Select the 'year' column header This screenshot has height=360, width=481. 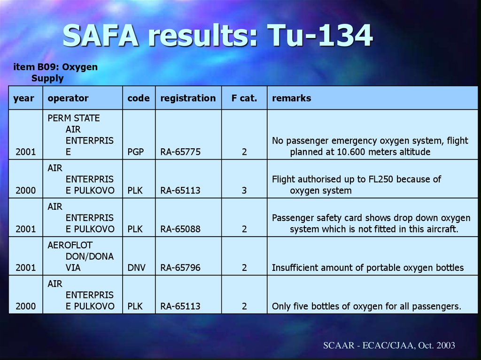(x=23, y=98)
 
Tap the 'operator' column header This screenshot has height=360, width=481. (x=68, y=98)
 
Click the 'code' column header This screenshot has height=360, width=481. (x=139, y=98)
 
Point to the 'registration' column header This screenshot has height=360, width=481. (x=188, y=98)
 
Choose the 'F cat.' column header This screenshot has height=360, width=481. (x=244, y=98)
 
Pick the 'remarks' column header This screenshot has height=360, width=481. (x=291, y=98)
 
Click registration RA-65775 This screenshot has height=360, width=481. (x=180, y=152)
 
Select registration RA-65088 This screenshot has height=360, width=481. (x=180, y=229)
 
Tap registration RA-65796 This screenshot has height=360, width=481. (x=180, y=268)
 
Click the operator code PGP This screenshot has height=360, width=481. (x=136, y=152)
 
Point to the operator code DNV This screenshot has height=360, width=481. (x=137, y=268)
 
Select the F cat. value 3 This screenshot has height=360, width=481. (x=244, y=191)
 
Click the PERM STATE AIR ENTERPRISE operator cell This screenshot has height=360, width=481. (x=80, y=135)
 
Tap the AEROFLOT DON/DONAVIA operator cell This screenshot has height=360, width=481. (x=80, y=256)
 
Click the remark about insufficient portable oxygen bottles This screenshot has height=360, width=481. (x=368, y=268)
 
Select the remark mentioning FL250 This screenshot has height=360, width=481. (x=357, y=184)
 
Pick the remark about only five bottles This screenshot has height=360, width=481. (x=366, y=306)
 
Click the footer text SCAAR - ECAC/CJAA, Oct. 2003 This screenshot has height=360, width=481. (x=389, y=345)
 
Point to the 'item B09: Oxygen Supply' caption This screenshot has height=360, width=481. (x=55, y=73)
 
